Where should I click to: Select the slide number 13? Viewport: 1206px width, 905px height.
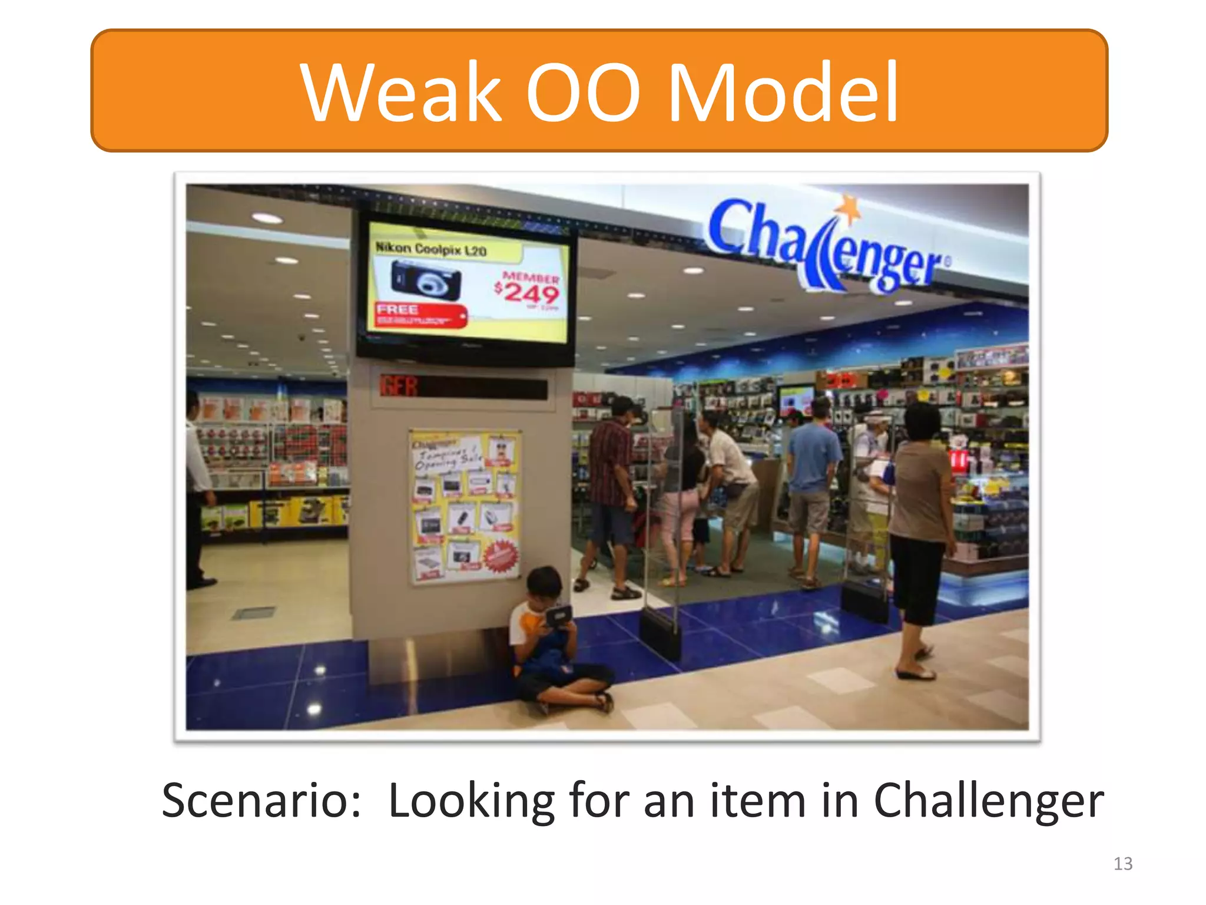(1123, 864)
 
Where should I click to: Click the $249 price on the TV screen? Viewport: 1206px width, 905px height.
(527, 292)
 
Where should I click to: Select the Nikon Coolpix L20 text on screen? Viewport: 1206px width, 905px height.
(431, 249)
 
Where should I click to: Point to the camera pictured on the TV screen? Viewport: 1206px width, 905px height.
(425, 280)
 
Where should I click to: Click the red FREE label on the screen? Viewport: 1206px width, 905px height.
(398, 309)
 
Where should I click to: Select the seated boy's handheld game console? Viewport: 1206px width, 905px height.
(557, 616)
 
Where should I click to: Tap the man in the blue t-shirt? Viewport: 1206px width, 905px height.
(814, 465)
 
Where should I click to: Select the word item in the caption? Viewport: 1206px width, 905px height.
(757, 801)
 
